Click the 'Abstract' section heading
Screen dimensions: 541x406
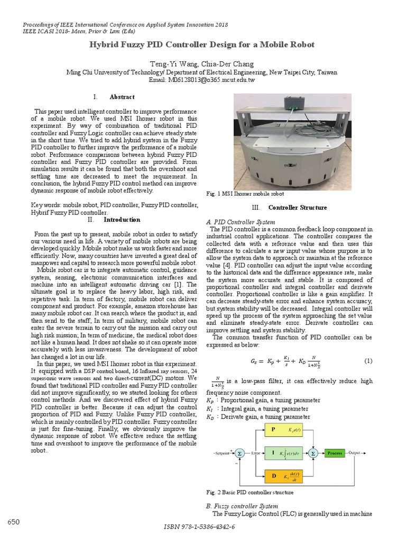(122, 97)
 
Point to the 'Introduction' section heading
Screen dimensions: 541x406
(122, 219)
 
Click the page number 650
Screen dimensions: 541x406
(14, 522)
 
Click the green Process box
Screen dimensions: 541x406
(334, 453)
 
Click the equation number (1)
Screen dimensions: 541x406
(368, 361)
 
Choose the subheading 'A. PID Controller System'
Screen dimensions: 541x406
(240, 222)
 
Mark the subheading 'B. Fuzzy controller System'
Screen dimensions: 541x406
(242, 506)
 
